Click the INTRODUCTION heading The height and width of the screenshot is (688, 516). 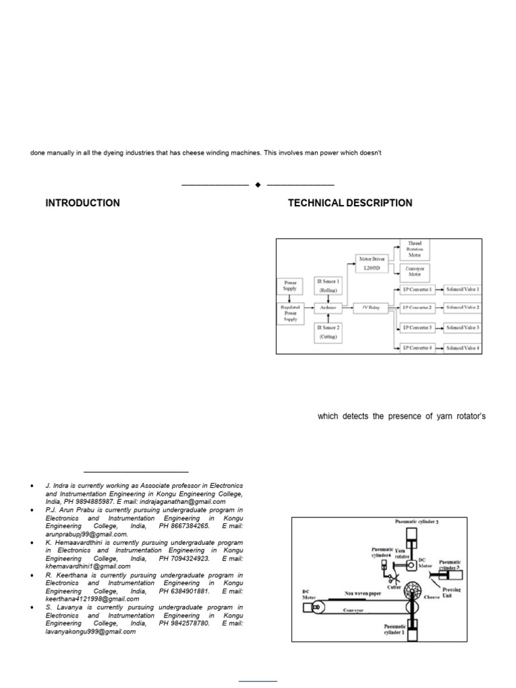(83, 203)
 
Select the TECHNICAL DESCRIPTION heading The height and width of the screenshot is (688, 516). (350, 203)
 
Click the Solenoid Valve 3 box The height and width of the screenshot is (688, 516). (462, 327)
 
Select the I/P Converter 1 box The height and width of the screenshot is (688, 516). (417, 289)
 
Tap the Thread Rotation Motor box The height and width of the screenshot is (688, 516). (415, 249)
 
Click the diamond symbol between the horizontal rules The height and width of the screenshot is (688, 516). (258, 185)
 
